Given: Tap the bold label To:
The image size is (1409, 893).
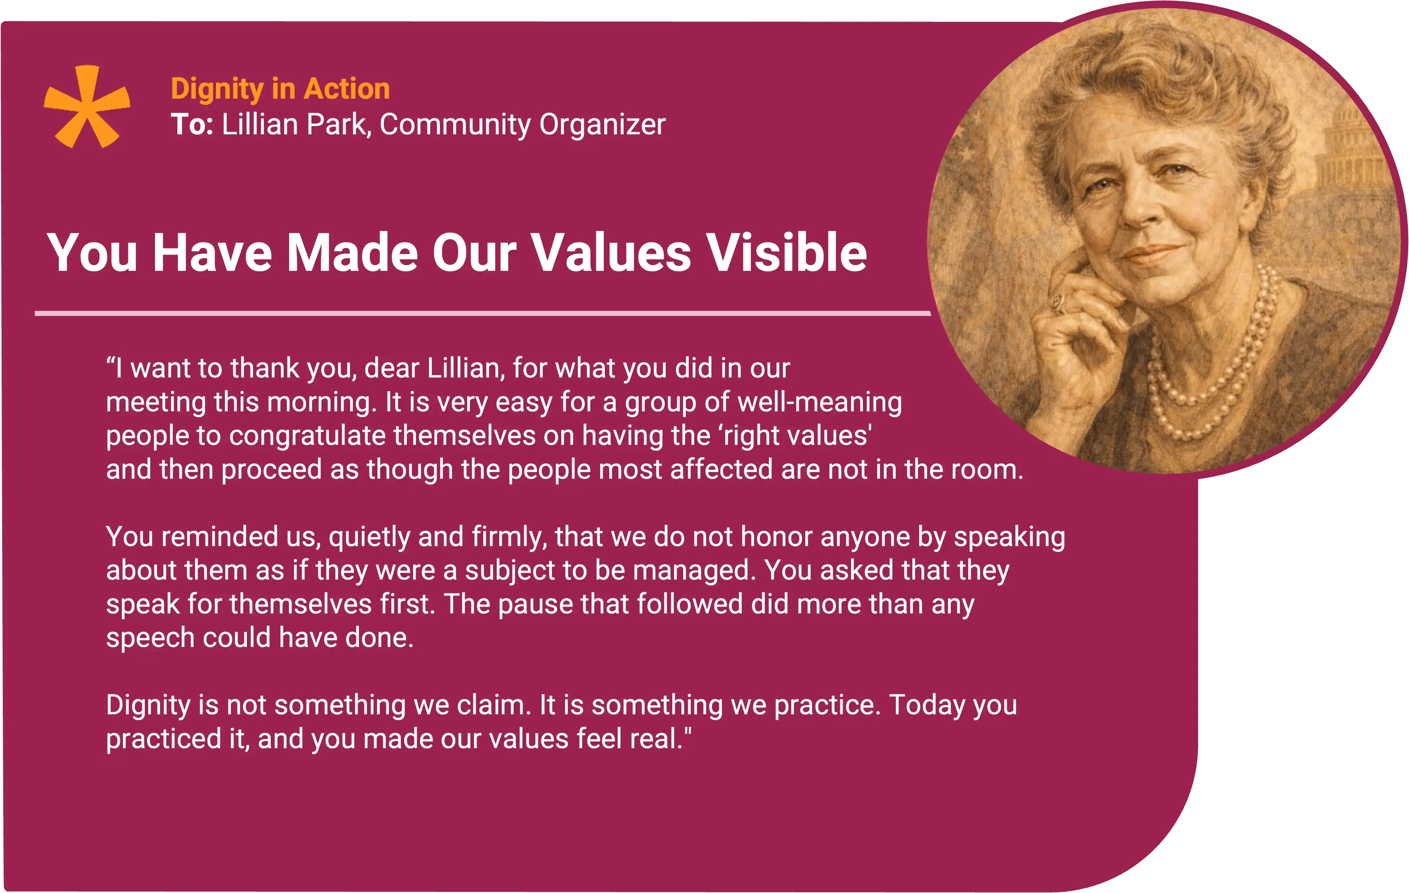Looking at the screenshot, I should click(x=192, y=125).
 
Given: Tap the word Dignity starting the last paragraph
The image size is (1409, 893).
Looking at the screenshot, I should click(x=148, y=706).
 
